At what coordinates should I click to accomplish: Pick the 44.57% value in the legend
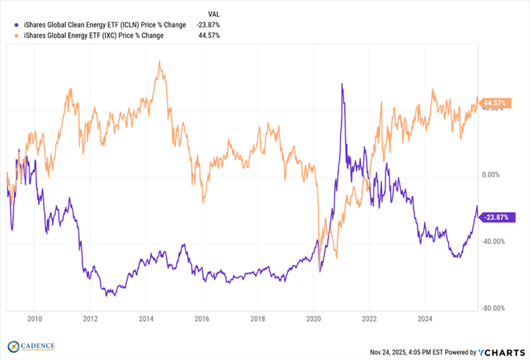(x=208, y=35)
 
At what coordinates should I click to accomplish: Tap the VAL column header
(x=213, y=14)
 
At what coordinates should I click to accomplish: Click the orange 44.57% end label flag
(x=494, y=103)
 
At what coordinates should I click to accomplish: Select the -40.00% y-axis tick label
(x=492, y=241)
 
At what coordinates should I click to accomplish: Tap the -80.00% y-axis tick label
(x=492, y=309)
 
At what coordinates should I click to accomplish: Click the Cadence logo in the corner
(x=29, y=346)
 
